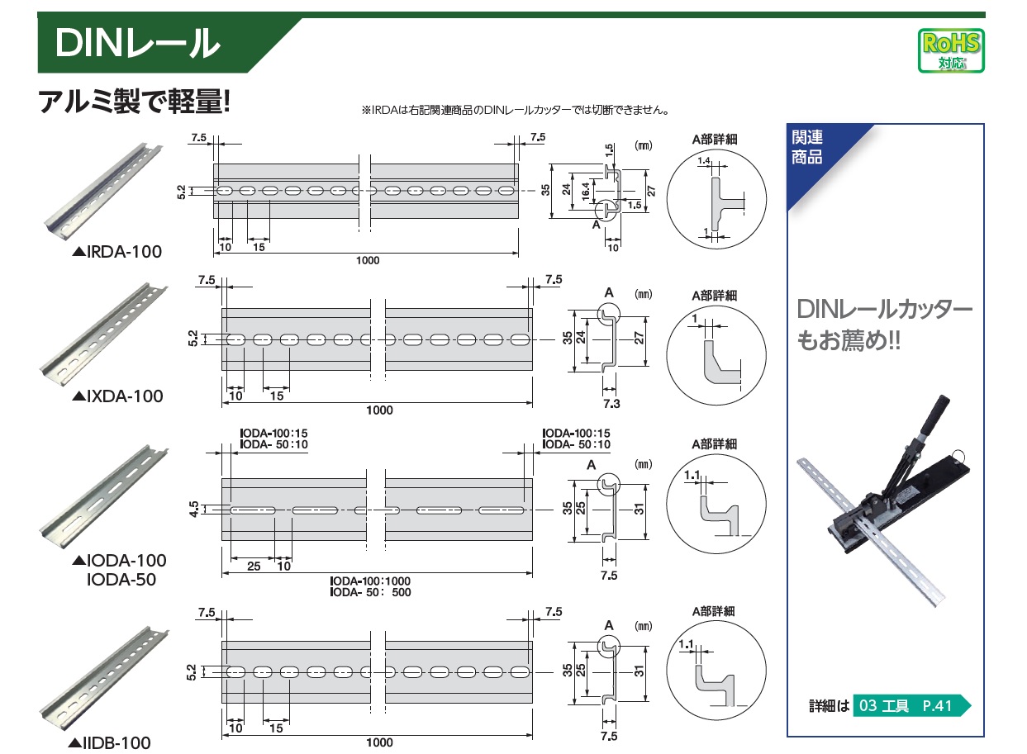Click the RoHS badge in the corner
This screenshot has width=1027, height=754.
tap(950, 50)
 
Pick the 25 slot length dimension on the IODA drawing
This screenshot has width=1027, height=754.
tap(254, 566)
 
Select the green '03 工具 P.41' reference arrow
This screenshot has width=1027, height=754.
tap(909, 706)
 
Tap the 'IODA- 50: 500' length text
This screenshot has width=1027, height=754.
tap(370, 592)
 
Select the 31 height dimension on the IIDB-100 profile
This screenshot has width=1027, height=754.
tap(639, 672)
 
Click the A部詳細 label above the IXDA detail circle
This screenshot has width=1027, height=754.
tap(714, 295)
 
